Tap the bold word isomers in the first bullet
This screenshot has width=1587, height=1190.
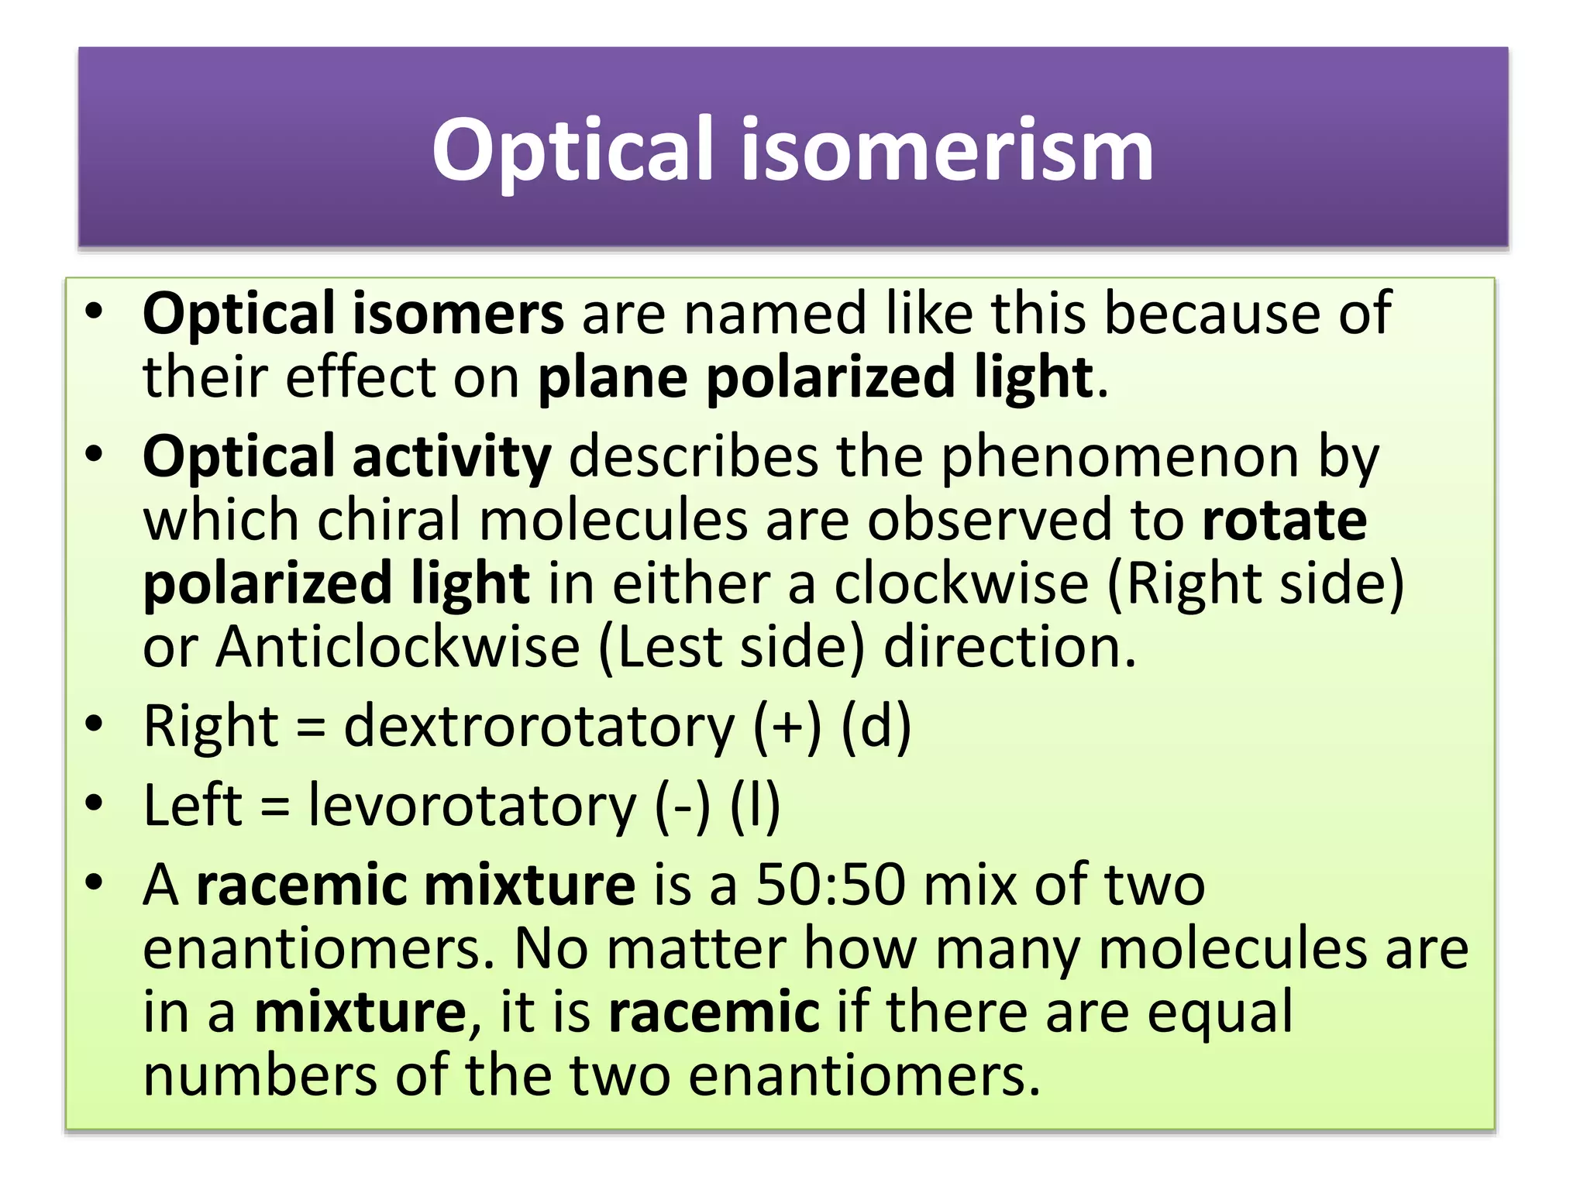(459, 314)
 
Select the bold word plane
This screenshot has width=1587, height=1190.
(612, 378)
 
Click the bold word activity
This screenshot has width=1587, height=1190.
(452, 457)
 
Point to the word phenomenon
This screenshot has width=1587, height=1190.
(1120, 457)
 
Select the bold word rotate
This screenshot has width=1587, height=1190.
(1284, 520)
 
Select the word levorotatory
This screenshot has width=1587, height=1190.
(472, 806)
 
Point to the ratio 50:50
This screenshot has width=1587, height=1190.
(830, 885)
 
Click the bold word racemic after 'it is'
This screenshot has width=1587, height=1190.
(714, 1012)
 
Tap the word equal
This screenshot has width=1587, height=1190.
(1220, 1012)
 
